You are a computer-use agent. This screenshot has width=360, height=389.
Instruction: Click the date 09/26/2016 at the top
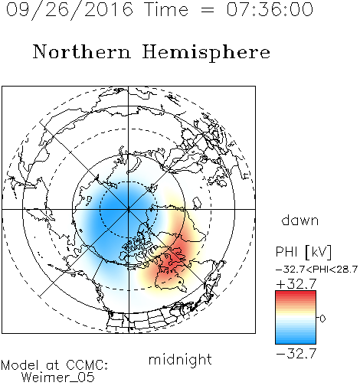70,10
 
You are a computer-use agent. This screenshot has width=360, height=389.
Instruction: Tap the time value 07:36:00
270,9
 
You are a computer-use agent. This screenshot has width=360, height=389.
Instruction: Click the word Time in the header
166,9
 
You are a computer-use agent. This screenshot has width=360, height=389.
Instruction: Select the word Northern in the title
82,51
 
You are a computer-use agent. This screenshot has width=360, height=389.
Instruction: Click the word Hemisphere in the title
206,53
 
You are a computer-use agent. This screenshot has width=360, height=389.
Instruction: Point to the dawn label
300,220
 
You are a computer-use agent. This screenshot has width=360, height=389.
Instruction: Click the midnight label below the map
180,360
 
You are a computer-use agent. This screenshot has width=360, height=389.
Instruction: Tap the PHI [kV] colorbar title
303,252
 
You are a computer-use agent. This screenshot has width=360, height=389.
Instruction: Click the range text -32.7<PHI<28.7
316,270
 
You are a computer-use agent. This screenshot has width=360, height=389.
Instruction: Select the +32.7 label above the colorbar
296,284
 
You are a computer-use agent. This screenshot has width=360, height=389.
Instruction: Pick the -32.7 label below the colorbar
296,354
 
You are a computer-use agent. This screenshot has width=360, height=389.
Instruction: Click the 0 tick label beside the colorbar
322,319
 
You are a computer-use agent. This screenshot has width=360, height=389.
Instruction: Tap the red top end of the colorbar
296,293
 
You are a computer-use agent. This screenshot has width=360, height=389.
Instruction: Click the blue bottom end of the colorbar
296,342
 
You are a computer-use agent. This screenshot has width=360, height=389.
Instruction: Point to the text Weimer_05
58,378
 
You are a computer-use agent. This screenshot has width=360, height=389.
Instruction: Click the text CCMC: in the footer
87,365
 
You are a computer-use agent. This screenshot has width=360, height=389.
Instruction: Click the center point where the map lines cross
128,209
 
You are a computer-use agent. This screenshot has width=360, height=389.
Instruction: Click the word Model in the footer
21,365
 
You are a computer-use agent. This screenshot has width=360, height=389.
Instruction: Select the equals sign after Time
207,10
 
